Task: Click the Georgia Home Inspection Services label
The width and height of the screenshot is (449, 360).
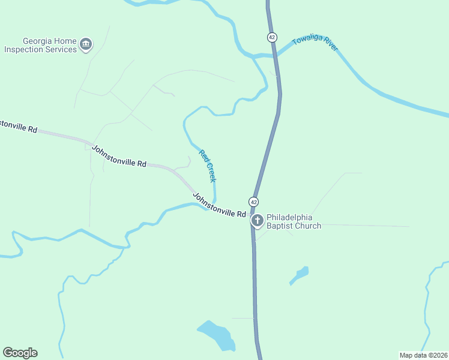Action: pyautogui.click(x=41, y=45)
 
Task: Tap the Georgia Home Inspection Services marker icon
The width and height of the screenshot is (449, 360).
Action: pyautogui.click(x=86, y=44)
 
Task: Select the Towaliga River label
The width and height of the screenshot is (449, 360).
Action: pyautogui.click(x=315, y=43)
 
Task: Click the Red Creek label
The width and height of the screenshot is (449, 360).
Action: pyautogui.click(x=208, y=166)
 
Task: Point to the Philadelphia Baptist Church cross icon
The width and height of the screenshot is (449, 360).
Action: pyautogui.click(x=257, y=221)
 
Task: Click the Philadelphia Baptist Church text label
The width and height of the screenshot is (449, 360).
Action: pyautogui.click(x=294, y=221)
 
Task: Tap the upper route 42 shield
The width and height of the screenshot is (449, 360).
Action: pyautogui.click(x=272, y=37)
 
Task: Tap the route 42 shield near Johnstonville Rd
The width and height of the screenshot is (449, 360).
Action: pyautogui.click(x=255, y=201)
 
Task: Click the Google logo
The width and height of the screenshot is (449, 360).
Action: pyautogui.click(x=20, y=353)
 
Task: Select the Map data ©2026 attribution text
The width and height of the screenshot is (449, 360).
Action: pyautogui.click(x=423, y=355)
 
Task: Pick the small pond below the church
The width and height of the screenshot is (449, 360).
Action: pyautogui.click(x=300, y=275)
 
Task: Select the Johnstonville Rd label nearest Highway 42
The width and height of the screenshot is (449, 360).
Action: pyautogui.click(x=219, y=205)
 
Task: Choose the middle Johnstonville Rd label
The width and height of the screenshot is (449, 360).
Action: pyautogui.click(x=119, y=155)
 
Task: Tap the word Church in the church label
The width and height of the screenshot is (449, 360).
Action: pyautogui.click(x=307, y=226)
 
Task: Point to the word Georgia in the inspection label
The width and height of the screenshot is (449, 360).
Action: pyautogui.click(x=23, y=41)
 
